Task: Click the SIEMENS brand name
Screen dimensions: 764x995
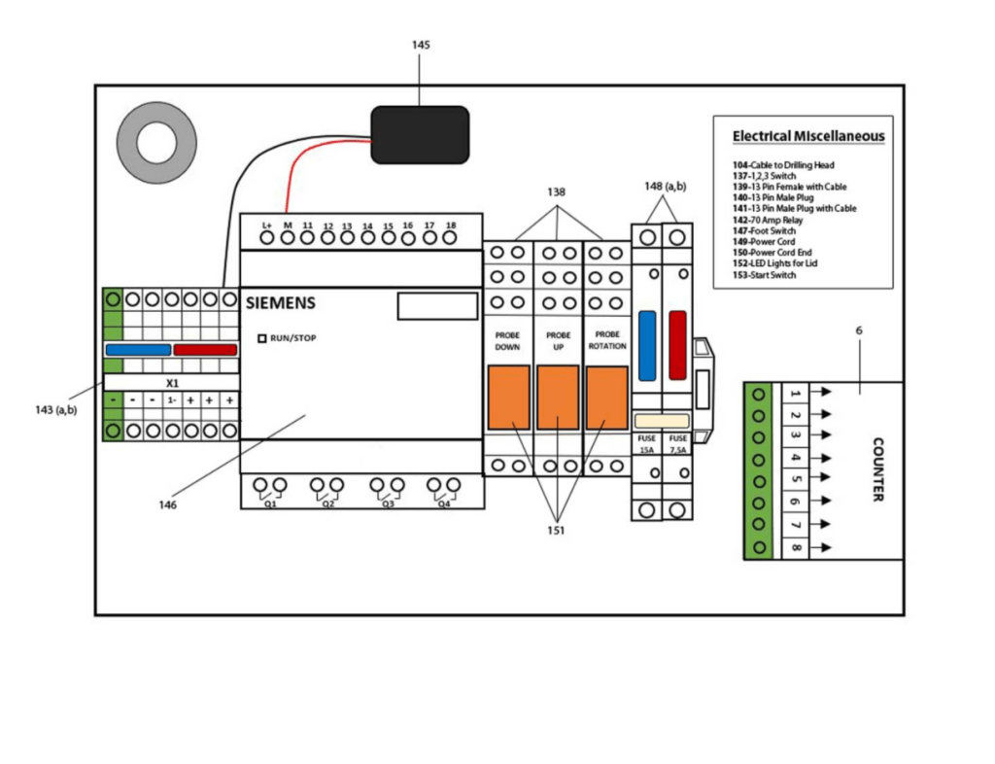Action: pyautogui.click(x=281, y=303)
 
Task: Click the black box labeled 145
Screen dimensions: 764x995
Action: pyautogui.click(x=420, y=134)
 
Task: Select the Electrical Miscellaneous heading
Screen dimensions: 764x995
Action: pyautogui.click(x=808, y=136)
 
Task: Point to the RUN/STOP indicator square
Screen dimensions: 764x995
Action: pyautogui.click(x=261, y=338)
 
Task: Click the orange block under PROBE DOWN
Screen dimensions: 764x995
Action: pyautogui.click(x=508, y=397)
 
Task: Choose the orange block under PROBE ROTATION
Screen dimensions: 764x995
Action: pyautogui.click(x=606, y=397)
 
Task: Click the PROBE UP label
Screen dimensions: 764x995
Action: pyautogui.click(x=558, y=340)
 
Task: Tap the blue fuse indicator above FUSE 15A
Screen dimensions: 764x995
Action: pyautogui.click(x=648, y=345)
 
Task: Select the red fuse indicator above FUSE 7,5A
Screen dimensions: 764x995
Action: pyautogui.click(x=677, y=345)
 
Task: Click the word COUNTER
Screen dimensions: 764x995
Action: pyautogui.click(x=877, y=469)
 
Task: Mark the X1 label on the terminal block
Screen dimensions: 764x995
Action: pyautogui.click(x=172, y=383)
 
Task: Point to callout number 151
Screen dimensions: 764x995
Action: pyautogui.click(x=557, y=530)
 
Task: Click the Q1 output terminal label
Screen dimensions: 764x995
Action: pyautogui.click(x=270, y=504)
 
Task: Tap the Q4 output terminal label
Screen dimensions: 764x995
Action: pyautogui.click(x=443, y=504)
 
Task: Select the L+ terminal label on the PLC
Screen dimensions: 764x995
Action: pyautogui.click(x=266, y=226)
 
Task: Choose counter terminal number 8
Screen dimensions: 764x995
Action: pyautogui.click(x=796, y=548)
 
